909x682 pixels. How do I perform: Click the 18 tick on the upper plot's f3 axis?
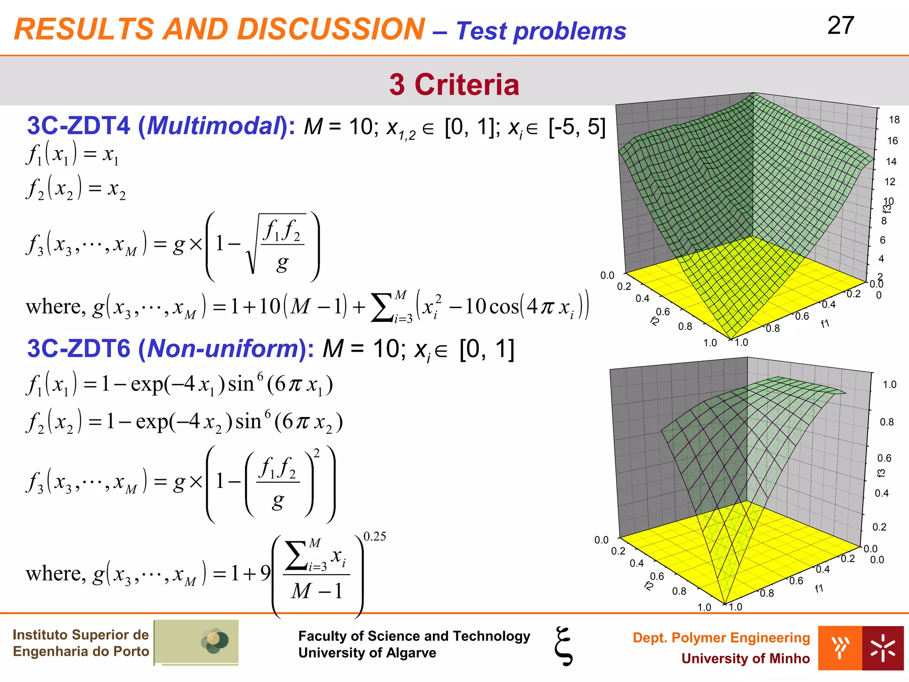point(894,120)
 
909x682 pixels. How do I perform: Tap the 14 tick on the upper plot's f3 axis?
point(891,162)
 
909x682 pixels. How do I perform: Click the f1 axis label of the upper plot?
point(825,324)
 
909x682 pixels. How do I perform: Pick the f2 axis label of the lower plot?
point(648,586)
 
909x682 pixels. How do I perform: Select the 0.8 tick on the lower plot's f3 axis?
point(887,422)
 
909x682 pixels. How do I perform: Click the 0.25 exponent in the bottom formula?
point(375,537)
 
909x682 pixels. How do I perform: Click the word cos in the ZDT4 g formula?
point(503,307)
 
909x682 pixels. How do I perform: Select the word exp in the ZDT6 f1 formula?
point(147,384)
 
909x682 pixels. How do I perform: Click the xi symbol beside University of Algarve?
point(564,646)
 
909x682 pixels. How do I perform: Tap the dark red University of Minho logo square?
point(882,648)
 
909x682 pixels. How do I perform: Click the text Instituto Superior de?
point(80,635)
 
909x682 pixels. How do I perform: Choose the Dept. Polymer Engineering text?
point(721,638)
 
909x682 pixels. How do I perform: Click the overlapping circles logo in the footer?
point(215,641)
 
